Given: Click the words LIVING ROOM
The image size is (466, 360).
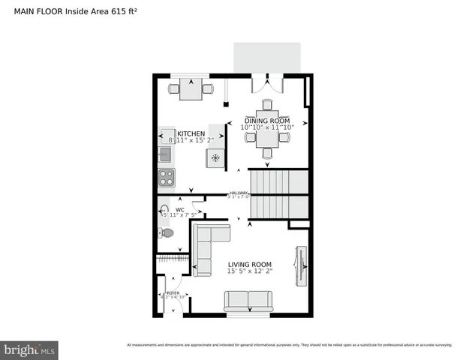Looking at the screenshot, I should coord(249,264).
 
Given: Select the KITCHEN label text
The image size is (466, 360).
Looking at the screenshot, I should coord(191,133).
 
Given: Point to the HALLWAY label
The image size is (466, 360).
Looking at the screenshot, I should coord(239,193).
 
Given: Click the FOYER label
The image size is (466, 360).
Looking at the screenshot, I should coord(173,292).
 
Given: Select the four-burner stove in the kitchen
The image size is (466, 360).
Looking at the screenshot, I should coord(166,178).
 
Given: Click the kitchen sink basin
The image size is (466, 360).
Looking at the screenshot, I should coord(165,154).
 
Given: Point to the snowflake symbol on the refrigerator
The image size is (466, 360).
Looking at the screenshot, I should coord(215,157).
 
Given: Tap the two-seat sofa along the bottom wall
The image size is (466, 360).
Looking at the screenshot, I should coord(248,301).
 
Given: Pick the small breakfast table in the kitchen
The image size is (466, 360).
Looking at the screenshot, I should coord(191,89).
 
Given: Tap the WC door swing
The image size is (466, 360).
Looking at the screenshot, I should coord(197,207).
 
